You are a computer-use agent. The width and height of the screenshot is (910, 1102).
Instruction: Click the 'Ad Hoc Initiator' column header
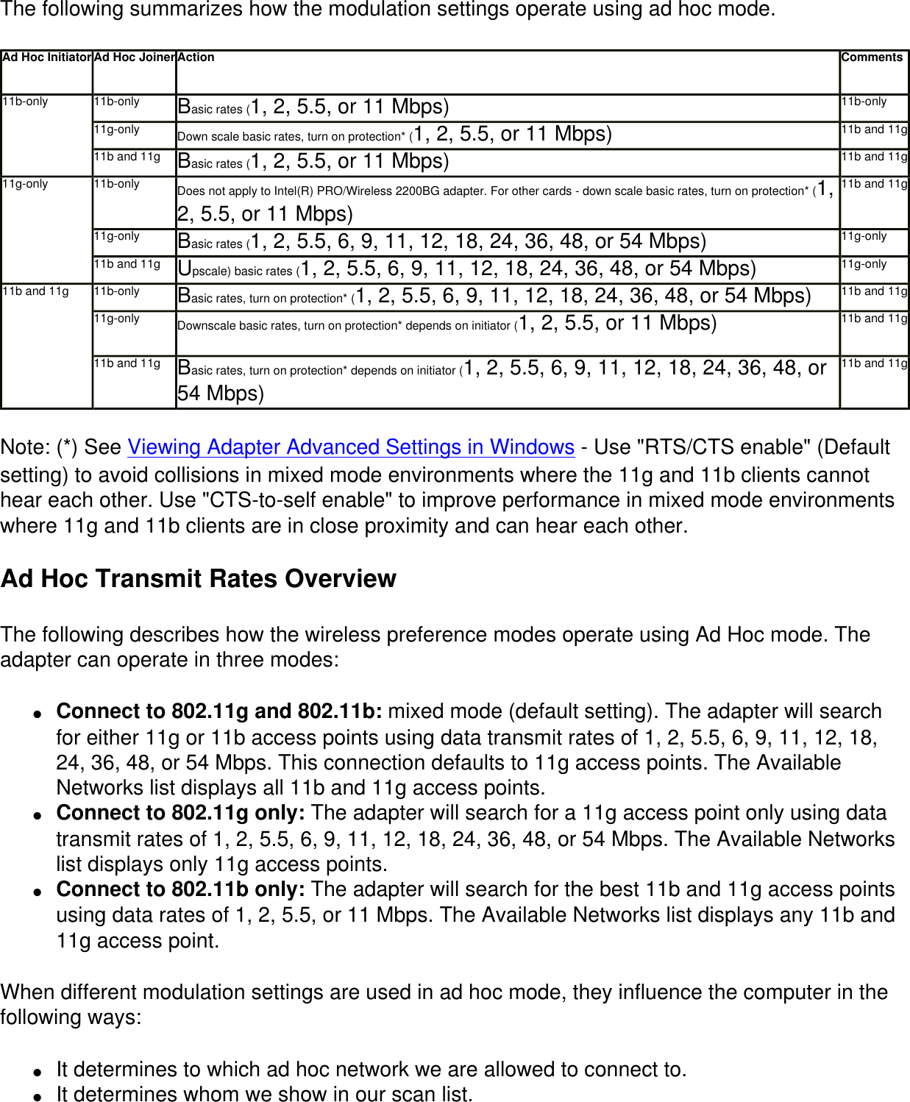(47, 57)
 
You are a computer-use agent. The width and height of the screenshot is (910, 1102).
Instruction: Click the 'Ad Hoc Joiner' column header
(135, 57)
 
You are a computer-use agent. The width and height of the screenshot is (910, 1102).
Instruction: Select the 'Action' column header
(196, 57)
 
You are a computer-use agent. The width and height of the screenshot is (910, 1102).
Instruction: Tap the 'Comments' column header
(872, 57)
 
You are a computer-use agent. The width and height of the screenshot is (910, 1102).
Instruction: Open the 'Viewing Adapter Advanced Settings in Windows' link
(351, 447)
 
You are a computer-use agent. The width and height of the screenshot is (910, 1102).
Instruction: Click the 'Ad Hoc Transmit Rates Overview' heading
(199, 579)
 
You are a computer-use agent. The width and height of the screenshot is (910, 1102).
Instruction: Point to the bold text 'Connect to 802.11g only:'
(181, 813)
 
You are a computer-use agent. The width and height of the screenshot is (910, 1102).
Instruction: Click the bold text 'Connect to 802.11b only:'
(181, 889)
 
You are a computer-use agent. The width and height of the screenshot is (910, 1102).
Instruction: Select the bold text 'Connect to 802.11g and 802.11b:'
(219, 711)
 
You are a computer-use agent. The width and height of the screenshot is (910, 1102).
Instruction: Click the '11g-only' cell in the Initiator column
(26, 184)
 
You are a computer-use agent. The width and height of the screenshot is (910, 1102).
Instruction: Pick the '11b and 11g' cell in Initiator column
(36, 291)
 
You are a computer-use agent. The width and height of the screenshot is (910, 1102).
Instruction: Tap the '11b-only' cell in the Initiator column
(26, 102)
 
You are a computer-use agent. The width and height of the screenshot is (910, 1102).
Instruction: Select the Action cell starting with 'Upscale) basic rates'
(467, 269)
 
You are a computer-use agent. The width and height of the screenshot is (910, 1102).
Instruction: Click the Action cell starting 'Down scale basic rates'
(395, 135)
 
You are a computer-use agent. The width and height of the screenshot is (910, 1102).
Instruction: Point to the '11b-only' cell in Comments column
(864, 102)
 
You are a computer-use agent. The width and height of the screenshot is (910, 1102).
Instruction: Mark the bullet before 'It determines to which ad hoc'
(37, 1071)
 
